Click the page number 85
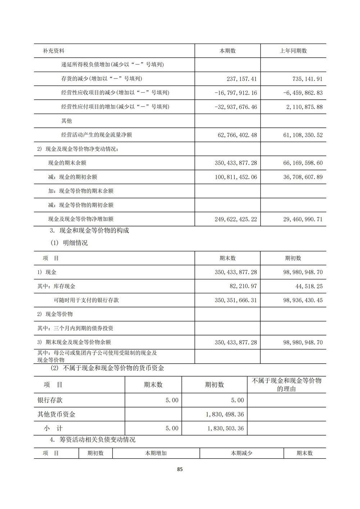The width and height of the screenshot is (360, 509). coord(180,469)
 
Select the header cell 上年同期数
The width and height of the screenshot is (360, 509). coord(293,51)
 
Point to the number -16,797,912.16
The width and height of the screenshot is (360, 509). coord(235,93)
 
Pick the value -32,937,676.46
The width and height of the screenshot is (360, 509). coord(235,107)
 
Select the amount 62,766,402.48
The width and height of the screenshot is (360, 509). coord(237,135)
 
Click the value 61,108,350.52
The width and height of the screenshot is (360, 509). coord(303,135)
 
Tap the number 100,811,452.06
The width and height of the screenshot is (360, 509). coord(236,177)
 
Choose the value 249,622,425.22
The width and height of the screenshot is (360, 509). coord(236,219)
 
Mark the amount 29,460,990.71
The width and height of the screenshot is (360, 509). coord(303,219)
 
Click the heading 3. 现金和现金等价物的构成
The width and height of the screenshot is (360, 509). coord(89,230)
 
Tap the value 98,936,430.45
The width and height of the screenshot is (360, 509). coord(303,300)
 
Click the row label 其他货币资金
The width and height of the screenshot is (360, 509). coord(57,414)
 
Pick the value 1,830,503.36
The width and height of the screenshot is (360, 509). coord(225,428)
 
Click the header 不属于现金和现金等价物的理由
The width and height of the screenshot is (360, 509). coord(287,384)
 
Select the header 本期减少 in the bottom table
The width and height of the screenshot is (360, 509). coord(241,453)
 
